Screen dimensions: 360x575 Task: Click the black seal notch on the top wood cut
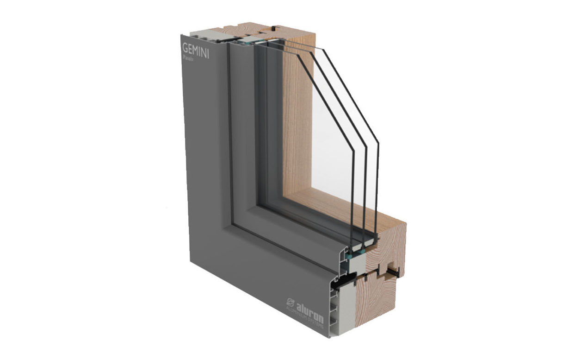point(274,29)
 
